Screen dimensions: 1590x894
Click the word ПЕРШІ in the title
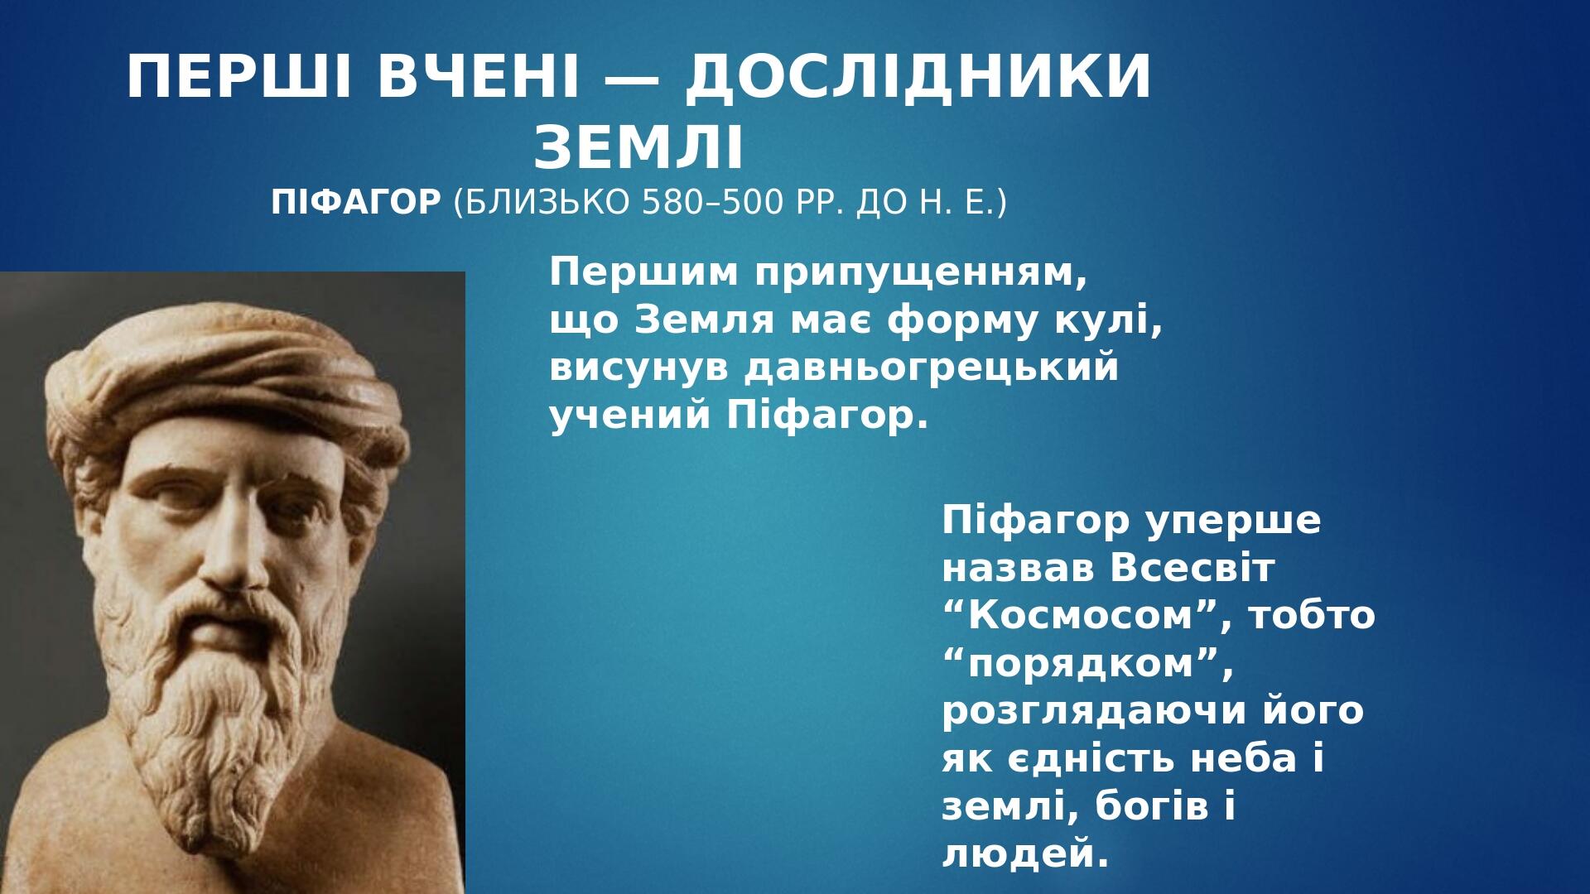[x=245, y=77]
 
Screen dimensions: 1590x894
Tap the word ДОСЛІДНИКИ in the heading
[x=918, y=79]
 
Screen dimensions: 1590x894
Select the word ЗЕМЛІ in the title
[x=639, y=148]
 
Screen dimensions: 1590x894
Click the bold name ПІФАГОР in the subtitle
[x=356, y=202]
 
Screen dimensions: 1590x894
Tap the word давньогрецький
[x=931, y=369]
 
